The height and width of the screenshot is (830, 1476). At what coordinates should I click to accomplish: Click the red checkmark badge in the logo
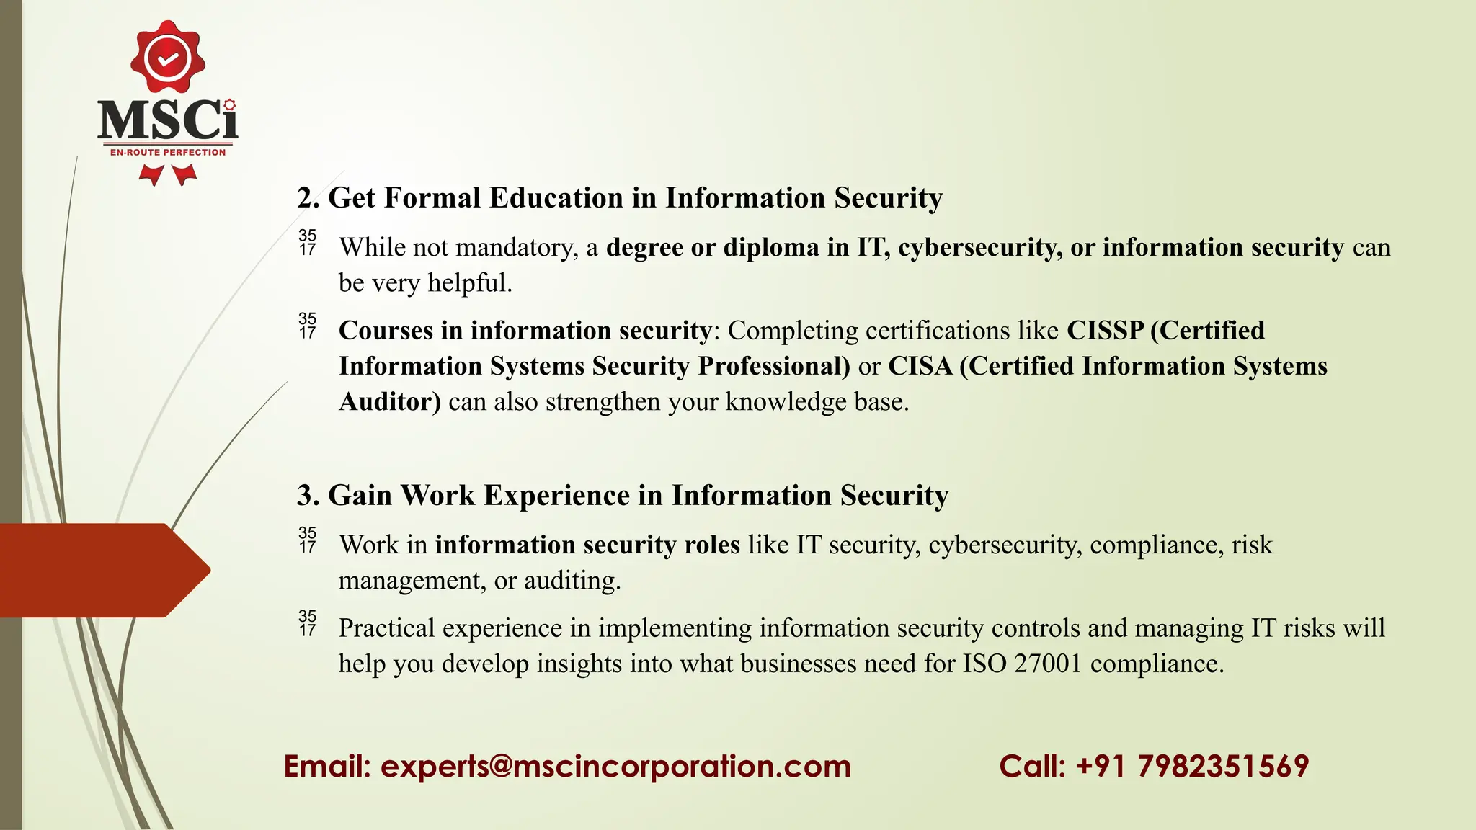168,58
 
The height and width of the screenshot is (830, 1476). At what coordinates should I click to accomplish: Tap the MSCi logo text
167,120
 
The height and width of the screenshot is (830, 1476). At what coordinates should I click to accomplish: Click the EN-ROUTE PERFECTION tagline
168,152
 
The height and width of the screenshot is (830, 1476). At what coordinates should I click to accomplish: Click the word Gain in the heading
360,496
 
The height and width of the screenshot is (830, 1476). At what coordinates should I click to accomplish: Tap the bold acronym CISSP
1105,331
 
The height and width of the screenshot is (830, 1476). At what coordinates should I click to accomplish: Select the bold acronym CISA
920,366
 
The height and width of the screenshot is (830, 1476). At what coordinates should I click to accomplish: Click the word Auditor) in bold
390,401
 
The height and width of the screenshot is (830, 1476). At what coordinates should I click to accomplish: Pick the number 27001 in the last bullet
1048,664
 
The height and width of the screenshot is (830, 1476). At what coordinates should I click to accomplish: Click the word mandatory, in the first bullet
517,248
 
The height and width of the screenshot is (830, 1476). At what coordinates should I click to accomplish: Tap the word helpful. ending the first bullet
470,283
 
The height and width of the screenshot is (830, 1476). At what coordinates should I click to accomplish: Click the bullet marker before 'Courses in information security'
308,326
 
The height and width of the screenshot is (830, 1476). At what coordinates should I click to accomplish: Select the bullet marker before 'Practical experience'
308,623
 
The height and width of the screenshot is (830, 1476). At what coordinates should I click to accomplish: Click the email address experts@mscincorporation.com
615,766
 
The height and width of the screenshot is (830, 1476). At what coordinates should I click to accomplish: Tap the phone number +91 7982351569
1192,766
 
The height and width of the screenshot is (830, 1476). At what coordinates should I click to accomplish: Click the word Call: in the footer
1032,766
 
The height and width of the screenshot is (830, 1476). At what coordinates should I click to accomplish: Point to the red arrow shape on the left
101,570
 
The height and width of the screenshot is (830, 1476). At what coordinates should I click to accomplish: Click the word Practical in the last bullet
387,628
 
